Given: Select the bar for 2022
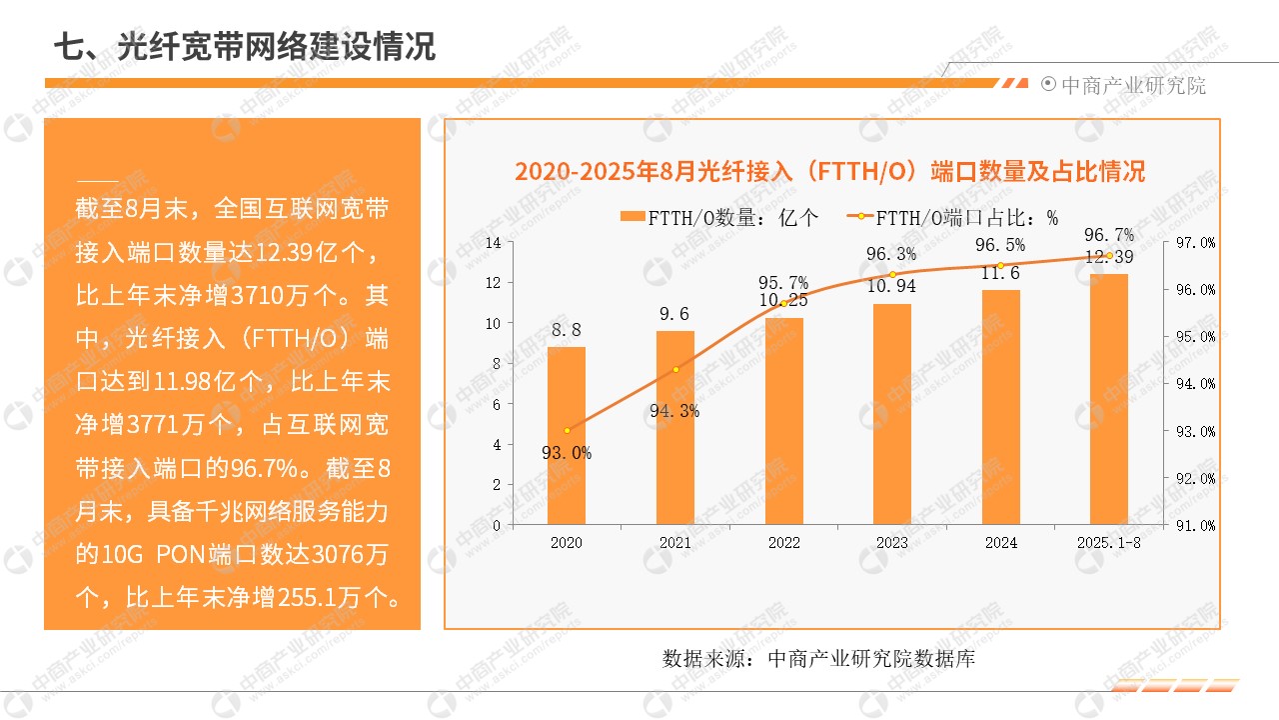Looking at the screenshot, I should (784, 421).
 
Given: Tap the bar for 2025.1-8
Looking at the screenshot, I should (1108, 399).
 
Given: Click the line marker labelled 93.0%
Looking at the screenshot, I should (567, 430).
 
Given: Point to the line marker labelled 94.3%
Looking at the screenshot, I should (675, 370).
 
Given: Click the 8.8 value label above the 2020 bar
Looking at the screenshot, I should (567, 329).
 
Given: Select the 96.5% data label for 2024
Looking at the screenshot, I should (1000, 245).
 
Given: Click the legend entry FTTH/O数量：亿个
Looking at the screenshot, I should (719, 217).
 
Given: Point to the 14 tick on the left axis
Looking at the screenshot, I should (493, 242).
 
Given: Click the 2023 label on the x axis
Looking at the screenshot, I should (892, 543).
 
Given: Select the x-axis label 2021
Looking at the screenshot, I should (675, 543).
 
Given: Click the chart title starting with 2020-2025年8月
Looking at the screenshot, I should (829, 171).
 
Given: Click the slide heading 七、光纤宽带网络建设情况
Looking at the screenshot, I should (245, 46).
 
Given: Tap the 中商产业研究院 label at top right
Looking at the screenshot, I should (1133, 85).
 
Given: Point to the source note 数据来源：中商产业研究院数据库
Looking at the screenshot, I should (818, 659).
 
